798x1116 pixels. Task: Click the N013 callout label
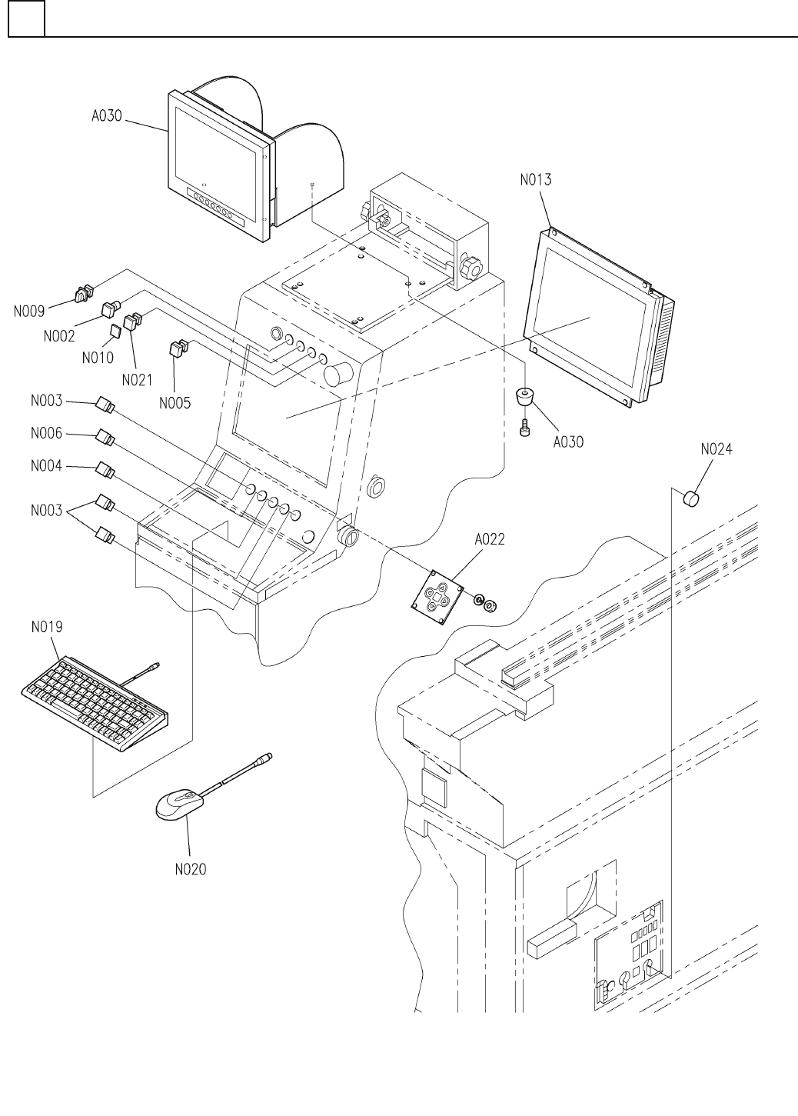tap(535, 180)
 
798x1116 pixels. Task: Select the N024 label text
tap(716, 450)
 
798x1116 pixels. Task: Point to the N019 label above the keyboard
tap(47, 627)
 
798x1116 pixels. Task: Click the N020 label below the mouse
tap(190, 870)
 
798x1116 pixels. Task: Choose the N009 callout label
tap(30, 311)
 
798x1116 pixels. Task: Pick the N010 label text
tap(98, 357)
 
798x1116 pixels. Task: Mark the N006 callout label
tap(47, 434)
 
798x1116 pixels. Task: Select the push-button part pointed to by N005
tap(178, 349)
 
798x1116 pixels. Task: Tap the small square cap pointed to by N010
tap(115, 331)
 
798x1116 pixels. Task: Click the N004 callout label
tap(47, 467)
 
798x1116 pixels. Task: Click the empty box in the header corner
tap(26, 18)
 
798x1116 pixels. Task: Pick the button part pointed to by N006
tap(105, 438)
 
